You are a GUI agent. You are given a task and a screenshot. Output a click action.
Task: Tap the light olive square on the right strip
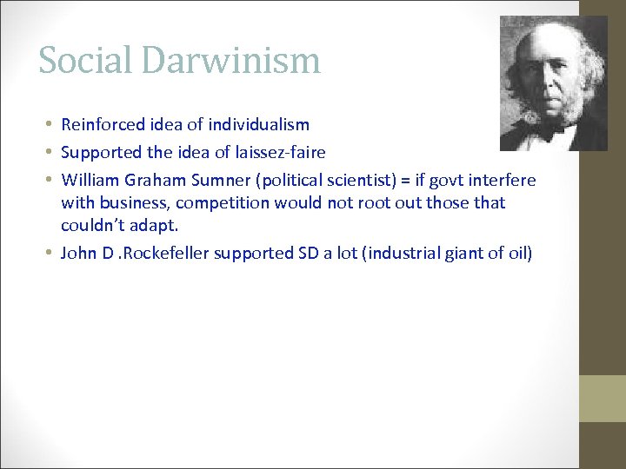click(603, 399)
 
